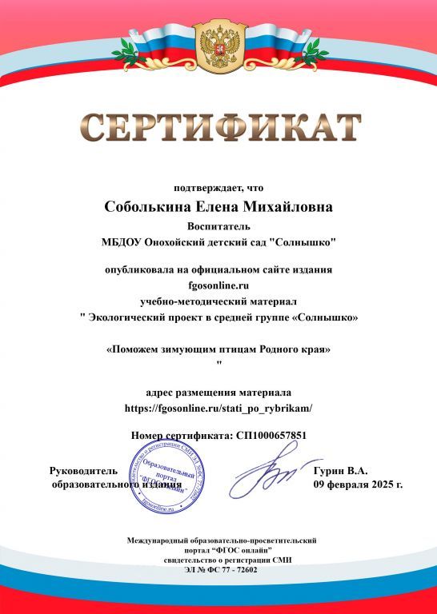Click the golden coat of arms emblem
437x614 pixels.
click(x=218, y=47)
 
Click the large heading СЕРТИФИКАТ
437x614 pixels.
click(x=218, y=128)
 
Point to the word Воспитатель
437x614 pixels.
click(x=218, y=225)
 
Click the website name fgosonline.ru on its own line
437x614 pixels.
click(x=218, y=285)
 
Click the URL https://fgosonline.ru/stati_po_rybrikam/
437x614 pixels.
click(x=218, y=409)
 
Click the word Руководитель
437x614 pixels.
click(x=84, y=471)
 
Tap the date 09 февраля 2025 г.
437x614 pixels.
click(x=358, y=484)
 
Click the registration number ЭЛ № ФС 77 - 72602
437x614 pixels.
click(x=218, y=569)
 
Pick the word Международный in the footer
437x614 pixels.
click(x=166, y=541)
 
